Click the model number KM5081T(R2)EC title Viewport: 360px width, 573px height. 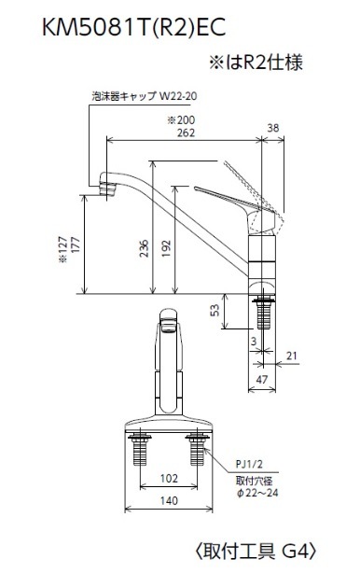[x=133, y=28]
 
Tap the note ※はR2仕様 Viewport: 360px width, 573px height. [x=256, y=63]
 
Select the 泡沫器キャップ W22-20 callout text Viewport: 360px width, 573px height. [x=145, y=96]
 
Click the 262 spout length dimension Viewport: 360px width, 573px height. [x=186, y=133]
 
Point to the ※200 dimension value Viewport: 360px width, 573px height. [x=181, y=119]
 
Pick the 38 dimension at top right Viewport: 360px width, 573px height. [x=272, y=128]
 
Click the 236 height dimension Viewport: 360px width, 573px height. [x=145, y=248]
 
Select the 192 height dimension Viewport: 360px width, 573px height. [x=166, y=248]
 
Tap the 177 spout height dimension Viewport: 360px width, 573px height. [x=76, y=245]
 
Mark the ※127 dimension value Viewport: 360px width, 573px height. [x=62, y=249]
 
